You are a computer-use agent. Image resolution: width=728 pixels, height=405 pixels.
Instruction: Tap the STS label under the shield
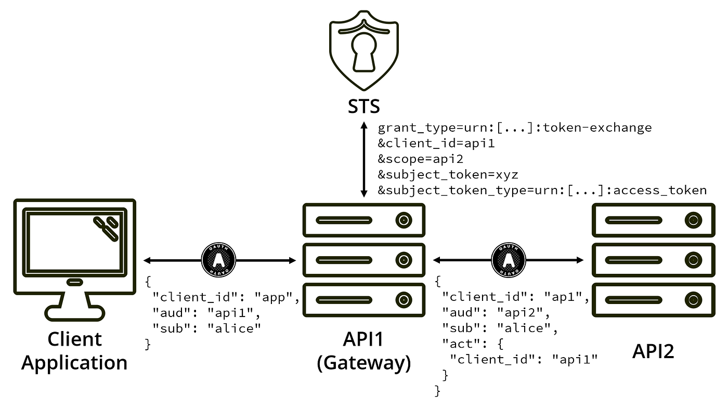[363, 106]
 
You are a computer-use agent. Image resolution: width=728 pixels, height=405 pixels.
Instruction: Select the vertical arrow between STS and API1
[364, 159]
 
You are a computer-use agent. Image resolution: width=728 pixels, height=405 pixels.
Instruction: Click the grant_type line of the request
[514, 128]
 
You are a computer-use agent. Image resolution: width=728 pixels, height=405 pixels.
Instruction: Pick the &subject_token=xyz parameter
[448, 174]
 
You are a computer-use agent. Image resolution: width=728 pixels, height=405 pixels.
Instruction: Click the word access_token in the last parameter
[660, 190]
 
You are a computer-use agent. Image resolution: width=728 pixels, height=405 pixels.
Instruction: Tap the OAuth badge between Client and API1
[218, 260]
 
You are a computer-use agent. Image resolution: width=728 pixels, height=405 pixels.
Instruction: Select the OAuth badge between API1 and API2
[509, 260]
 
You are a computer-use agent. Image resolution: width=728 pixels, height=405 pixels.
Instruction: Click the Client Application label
[74, 350]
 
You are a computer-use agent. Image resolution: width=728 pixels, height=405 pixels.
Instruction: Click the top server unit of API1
[364, 220]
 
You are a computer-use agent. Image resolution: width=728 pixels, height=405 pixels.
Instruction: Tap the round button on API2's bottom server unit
[692, 299]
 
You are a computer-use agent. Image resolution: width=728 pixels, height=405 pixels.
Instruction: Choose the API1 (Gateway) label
[363, 350]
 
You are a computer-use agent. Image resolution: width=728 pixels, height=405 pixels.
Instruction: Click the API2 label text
[653, 351]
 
